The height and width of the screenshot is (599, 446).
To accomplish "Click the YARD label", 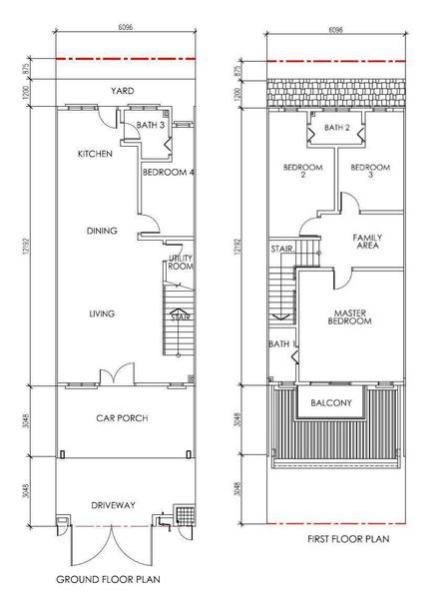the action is (x=123, y=91).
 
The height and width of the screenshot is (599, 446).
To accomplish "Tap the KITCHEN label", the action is (x=95, y=154).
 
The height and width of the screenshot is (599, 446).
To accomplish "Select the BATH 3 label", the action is (x=151, y=125).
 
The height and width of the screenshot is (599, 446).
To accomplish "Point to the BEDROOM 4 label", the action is (x=169, y=173).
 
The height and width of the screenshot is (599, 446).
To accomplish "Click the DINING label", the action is (x=102, y=231).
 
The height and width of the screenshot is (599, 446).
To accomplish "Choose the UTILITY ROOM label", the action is (x=181, y=262).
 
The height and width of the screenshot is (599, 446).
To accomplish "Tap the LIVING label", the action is (x=102, y=313).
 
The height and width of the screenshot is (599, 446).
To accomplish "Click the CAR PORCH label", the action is (x=122, y=418).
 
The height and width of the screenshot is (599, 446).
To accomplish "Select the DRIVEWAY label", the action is (x=113, y=505).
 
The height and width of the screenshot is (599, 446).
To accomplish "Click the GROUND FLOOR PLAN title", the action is (x=108, y=579).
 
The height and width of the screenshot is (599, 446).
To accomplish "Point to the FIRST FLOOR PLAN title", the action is (x=348, y=539).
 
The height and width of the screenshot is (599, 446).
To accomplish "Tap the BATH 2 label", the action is (x=337, y=128).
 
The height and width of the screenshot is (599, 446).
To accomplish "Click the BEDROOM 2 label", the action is (x=302, y=171).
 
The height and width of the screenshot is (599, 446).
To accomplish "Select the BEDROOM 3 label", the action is (x=370, y=171).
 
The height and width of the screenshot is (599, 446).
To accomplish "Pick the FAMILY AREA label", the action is (x=367, y=242).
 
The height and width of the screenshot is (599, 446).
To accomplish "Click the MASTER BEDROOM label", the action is (x=350, y=317).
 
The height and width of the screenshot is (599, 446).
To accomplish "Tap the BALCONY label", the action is (x=331, y=402).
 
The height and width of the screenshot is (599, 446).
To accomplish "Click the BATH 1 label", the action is (x=282, y=344).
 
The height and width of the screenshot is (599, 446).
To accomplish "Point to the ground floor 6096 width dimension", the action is (x=126, y=27).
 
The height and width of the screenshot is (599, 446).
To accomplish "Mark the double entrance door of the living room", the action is (x=117, y=373).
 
